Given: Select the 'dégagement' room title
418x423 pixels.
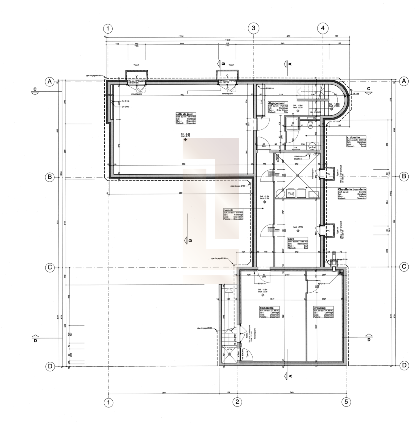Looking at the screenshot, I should click(276, 103).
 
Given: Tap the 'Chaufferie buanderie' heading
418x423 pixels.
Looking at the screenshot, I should click(352, 189).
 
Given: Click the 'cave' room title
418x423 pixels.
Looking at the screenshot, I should click(291, 239).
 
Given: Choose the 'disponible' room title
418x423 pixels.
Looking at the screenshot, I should click(266, 308).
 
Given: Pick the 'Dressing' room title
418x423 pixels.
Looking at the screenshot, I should click(319, 308).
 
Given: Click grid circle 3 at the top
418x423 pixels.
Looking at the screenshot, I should click(253, 28).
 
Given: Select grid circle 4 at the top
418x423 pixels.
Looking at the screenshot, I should click(323, 28).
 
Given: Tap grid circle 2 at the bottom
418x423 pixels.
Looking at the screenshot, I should click(237, 402).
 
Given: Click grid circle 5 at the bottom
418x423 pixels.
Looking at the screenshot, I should click(346, 402).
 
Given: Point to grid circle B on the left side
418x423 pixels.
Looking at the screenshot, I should click(50, 177).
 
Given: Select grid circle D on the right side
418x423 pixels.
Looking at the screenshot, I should click(404, 365).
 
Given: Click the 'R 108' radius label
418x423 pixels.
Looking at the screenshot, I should click(356, 94).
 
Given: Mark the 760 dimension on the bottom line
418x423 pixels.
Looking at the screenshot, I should click(164, 393).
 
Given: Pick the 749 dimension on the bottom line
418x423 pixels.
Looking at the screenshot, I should click(292, 393).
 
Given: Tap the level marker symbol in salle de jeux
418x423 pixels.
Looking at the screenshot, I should click(185, 140).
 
